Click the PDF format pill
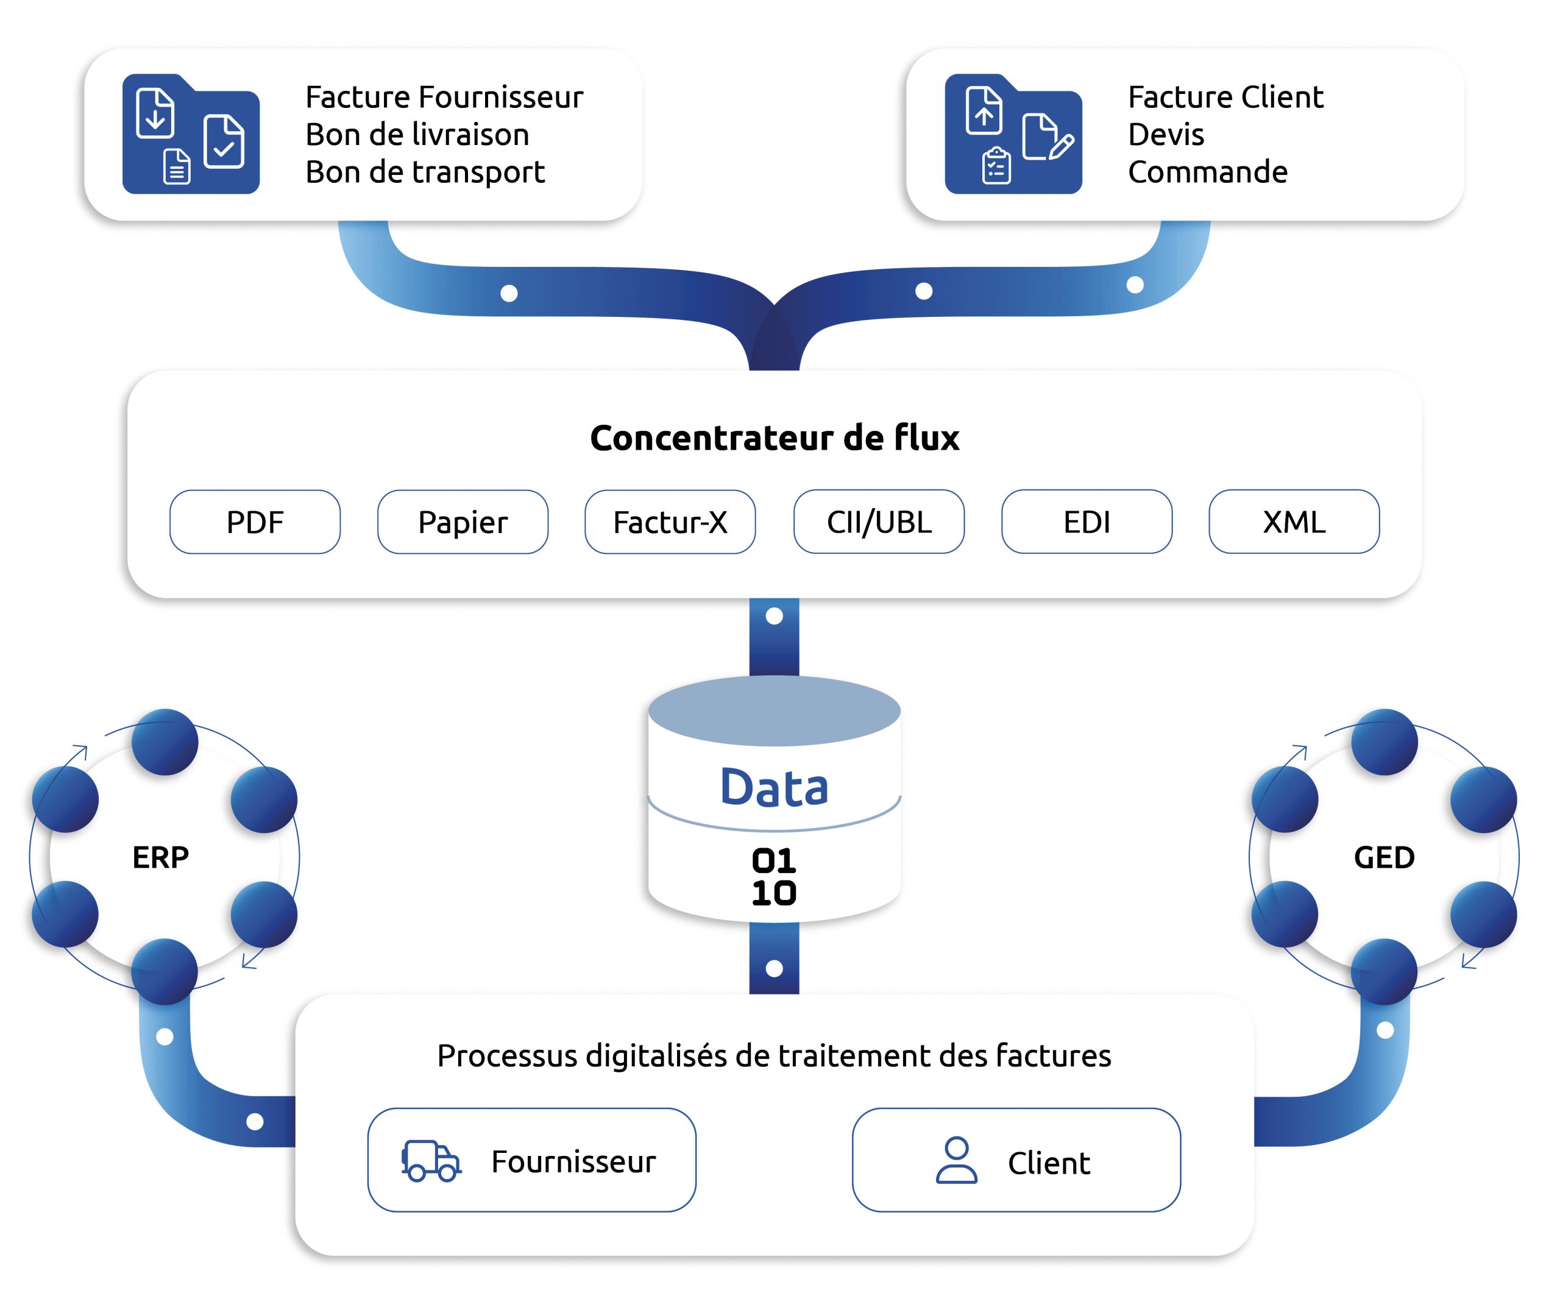[x=255, y=522]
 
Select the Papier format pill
[x=463, y=522]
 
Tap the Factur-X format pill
[x=670, y=522]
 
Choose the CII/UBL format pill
[x=879, y=522]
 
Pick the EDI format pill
[x=1087, y=522]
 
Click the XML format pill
[x=1294, y=522]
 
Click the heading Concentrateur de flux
[x=775, y=438]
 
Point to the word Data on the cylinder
[x=774, y=788]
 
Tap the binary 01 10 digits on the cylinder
[x=774, y=877]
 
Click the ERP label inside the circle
[x=160, y=857]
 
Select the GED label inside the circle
[x=1384, y=857]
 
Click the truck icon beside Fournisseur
[x=431, y=1161]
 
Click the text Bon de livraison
[x=417, y=135]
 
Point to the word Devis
[x=1166, y=135]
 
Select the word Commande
[x=1207, y=172]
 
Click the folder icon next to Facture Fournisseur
[x=191, y=135]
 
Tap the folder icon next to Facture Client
[x=1013, y=135]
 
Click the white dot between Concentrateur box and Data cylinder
[x=774, y=616]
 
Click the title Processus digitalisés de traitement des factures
[x=774, y=1056]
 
